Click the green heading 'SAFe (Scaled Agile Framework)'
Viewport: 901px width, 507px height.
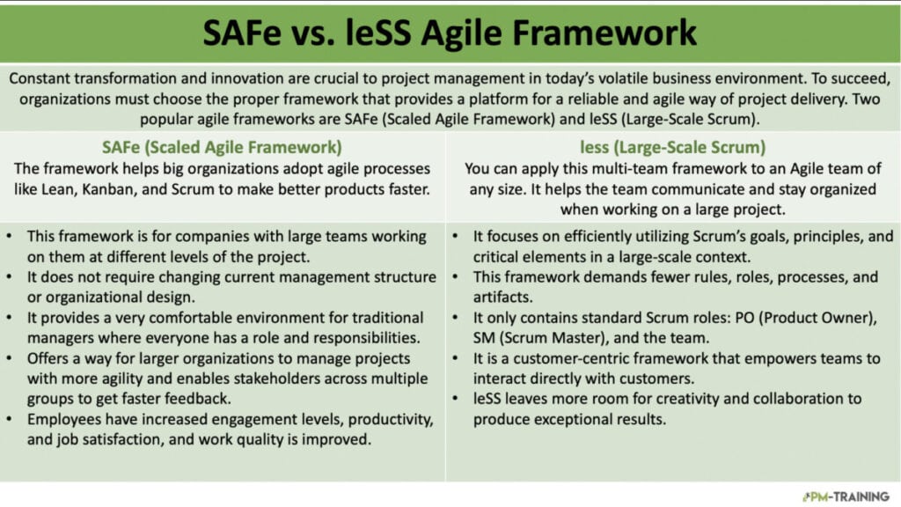(x=222, y=147)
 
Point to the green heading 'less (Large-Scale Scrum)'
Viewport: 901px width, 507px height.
(x=673, y=147)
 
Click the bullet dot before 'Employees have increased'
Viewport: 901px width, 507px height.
(x=9, y=419)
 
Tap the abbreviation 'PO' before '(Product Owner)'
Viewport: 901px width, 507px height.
(x=744, y=318)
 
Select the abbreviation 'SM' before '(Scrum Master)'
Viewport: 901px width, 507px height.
(x=483, y=338)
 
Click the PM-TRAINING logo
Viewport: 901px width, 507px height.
(x=846, y=496)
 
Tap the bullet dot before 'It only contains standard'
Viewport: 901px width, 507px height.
(x=455, y=318)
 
